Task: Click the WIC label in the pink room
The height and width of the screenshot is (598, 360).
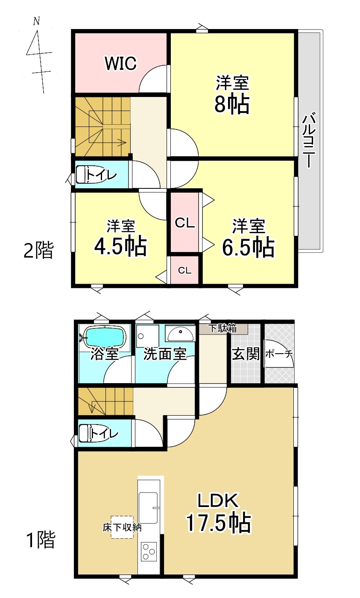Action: point(121,63)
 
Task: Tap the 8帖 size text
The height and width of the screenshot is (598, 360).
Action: point(232,104)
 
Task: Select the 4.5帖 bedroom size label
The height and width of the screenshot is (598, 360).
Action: point(120,246)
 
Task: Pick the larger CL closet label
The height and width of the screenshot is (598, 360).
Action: point(184,223)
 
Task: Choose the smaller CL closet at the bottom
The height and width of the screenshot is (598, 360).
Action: point(184,270)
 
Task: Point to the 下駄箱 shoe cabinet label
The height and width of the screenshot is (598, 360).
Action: point(223,328)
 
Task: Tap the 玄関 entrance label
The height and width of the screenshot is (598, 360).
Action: point(246,354)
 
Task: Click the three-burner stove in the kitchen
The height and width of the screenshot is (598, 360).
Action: point(149,551)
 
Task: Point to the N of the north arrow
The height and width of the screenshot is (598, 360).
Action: point(37,21)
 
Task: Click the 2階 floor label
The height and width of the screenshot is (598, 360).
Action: point(39,250)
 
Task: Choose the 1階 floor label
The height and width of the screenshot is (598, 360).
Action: point(41,539)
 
